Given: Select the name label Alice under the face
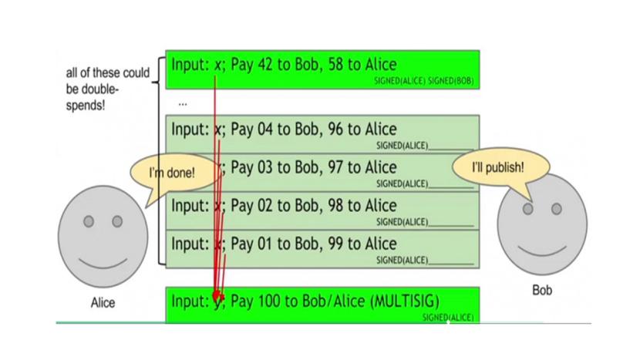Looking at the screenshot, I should click(103, 303).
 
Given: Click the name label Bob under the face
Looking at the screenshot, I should click(542, 291).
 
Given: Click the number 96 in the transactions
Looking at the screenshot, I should click(358, 129).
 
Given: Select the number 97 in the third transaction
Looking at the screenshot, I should click(358, 167).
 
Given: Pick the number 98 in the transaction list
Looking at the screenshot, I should click(358, 206).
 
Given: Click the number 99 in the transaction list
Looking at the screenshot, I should click(358, 244).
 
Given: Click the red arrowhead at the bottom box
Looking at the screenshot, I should click(217, 297).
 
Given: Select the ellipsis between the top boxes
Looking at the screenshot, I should click(182, 103).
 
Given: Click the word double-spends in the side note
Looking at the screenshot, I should click(93, 95).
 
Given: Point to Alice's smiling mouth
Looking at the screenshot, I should click(103, 258).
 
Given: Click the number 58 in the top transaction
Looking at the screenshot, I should click(358, 64).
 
